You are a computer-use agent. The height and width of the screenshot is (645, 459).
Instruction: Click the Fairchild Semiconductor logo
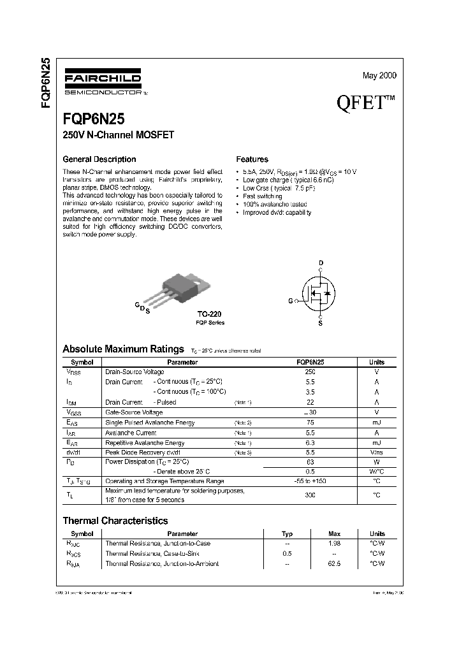pos(103,83)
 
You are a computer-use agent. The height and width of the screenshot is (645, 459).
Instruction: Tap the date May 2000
pos(379,75)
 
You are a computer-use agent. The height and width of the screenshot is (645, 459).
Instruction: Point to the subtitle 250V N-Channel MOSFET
pos(118,134)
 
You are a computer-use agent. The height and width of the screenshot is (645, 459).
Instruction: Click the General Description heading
pos(99,159)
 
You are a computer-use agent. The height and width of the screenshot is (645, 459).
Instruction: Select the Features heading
pos(252,159)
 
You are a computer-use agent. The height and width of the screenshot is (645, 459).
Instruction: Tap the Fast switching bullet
pos(263,196)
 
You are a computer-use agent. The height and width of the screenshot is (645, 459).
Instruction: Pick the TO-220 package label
pos(210,314)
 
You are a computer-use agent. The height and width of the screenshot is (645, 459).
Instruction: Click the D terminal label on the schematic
pos(321,263)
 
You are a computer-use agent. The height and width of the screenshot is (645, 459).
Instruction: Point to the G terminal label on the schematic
pos(291,300)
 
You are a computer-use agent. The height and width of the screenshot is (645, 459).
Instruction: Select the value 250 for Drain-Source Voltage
pos(310,372)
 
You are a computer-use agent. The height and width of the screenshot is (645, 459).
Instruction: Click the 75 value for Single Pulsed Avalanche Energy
pos(310,423)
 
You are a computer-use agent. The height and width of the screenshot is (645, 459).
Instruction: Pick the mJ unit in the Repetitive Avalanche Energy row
pos(376,442)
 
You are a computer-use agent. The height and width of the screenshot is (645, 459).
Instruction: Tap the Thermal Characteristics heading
pos(115,521)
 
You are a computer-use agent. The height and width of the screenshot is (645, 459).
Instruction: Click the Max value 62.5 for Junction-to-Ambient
pos(334,563)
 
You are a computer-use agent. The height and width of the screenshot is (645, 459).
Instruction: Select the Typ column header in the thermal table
pos(288,533)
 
